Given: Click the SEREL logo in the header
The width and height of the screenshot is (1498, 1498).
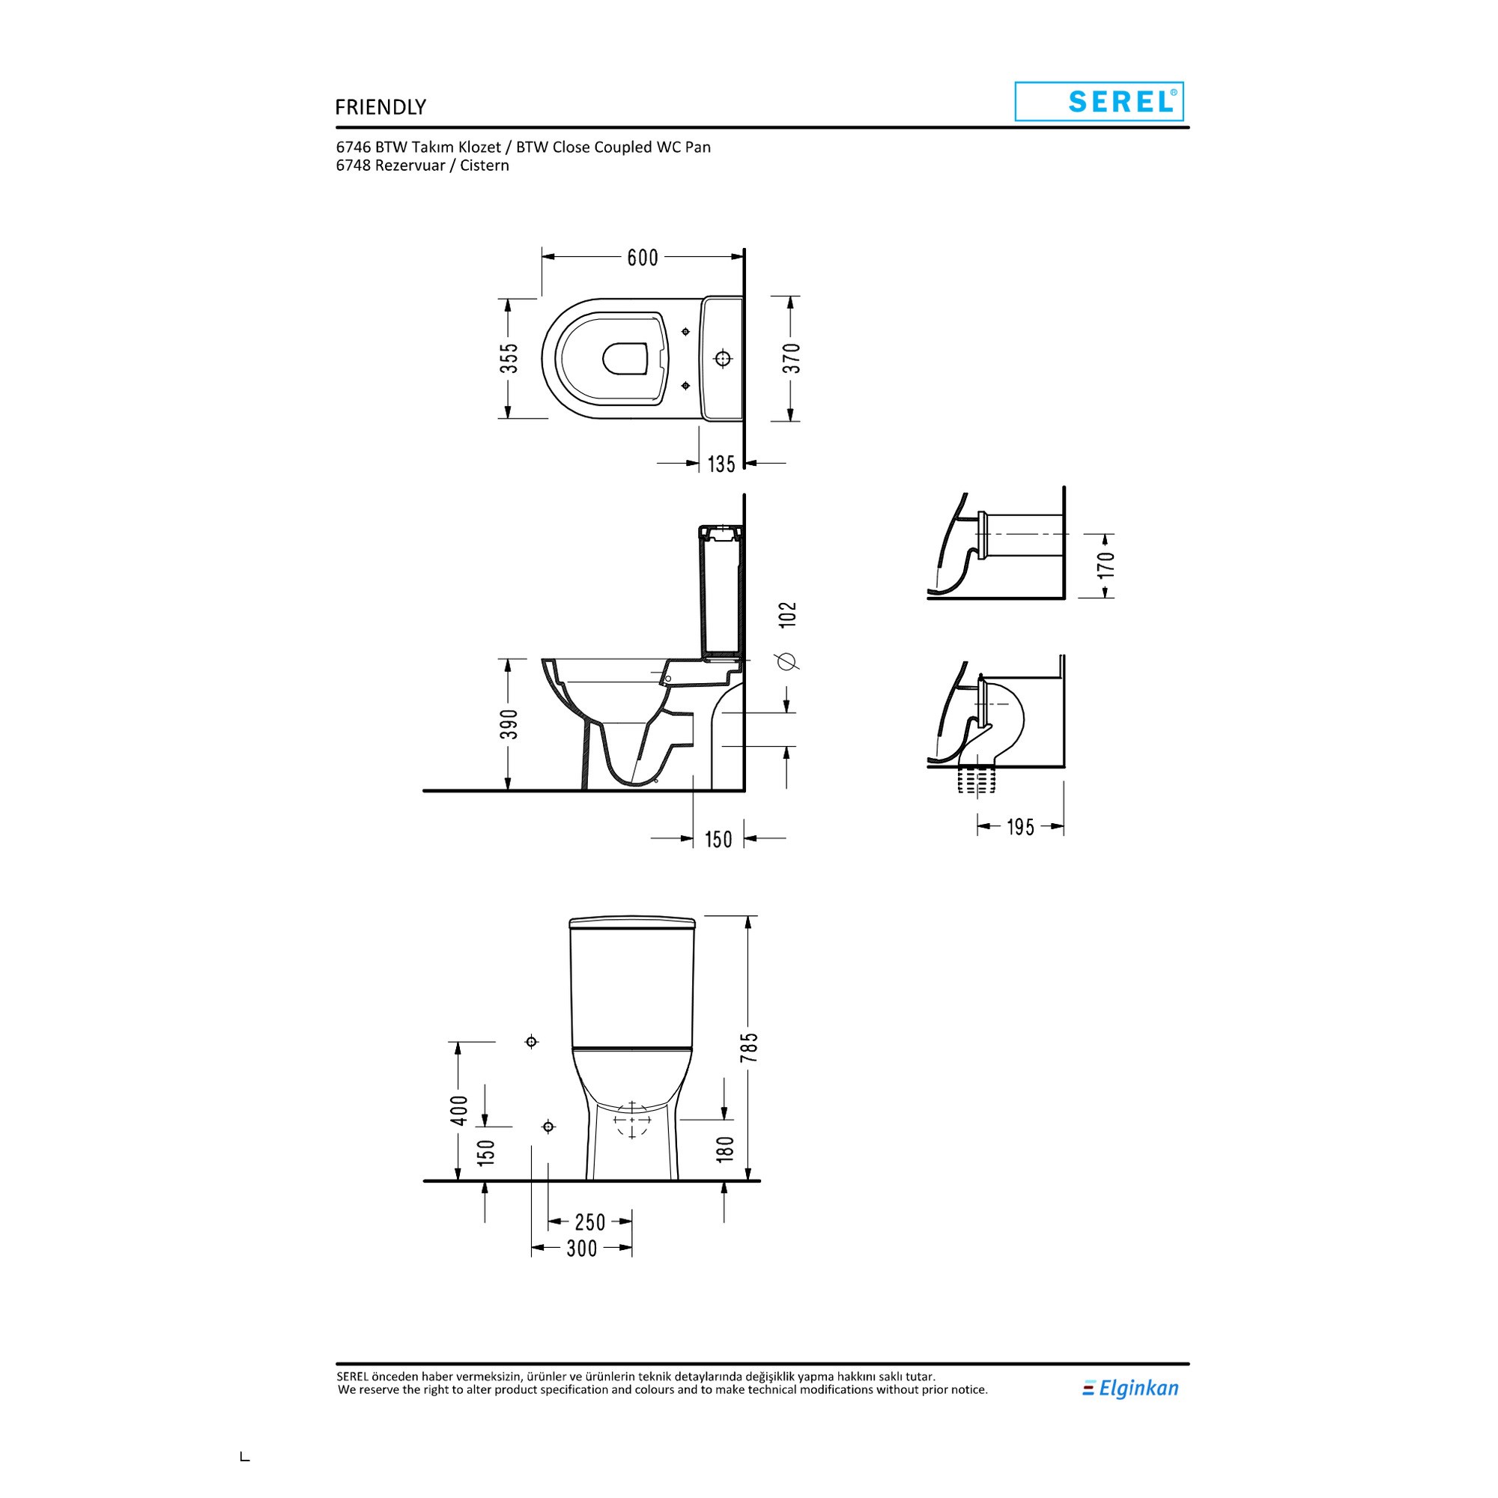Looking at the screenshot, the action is (1099, 102).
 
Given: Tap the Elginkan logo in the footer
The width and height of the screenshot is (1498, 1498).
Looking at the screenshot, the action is (1130, 1389).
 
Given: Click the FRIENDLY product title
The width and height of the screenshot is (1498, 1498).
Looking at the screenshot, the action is (380, 107).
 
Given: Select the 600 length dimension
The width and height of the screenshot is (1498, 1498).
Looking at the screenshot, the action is (643, 258).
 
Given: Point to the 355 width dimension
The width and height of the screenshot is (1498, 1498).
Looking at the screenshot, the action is (509, 358).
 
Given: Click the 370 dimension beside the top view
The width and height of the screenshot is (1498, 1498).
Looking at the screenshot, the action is (791, 358).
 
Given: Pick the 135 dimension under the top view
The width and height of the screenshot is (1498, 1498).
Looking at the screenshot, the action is (721, 464).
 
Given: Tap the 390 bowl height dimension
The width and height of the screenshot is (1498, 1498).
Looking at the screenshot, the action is (509, 724).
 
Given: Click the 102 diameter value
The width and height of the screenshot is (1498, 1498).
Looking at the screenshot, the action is (788, 615).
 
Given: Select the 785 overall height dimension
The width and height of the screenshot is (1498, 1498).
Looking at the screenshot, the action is (749, 1049).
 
